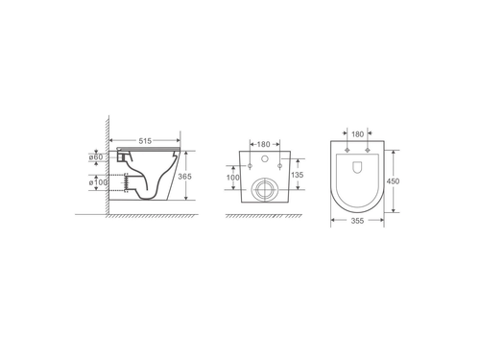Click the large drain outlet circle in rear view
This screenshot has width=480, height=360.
click(x=266, y=188)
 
